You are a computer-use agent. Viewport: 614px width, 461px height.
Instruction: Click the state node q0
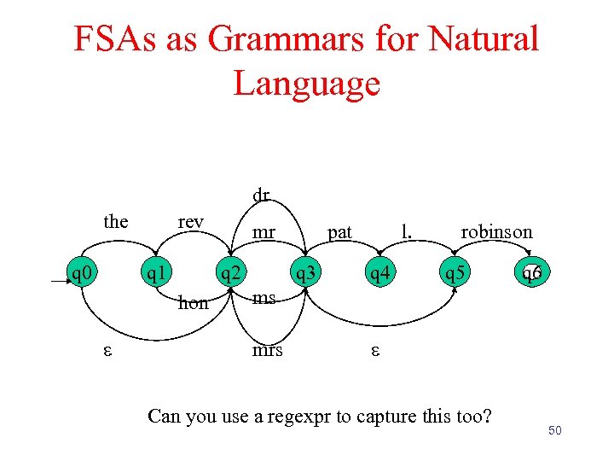coord(83,274)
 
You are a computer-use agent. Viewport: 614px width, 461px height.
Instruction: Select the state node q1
coord(154,274)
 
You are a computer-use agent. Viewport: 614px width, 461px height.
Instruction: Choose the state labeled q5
coord(454,274)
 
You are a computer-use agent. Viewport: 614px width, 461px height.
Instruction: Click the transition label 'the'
coord(115,222)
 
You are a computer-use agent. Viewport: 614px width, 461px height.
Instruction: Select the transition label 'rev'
coord(190,222)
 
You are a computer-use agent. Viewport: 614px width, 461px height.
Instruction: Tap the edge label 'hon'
coord(193,302)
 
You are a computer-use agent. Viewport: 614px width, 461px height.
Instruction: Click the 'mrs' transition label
coord(267,350)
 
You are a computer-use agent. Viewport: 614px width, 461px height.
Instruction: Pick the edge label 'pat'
coord(339,231)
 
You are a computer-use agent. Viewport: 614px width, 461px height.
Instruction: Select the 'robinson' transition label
coord(496,231)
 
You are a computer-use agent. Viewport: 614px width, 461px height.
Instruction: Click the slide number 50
coord(555,432)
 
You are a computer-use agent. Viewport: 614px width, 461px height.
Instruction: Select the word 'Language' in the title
coord(306,84)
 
